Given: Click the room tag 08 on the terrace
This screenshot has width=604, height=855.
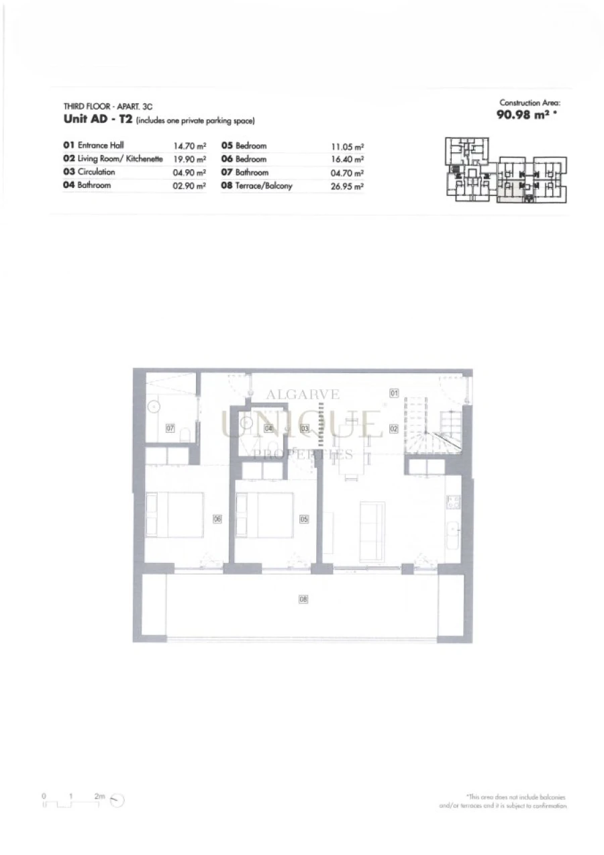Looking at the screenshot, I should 303,599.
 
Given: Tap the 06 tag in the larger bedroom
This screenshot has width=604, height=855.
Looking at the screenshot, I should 217,518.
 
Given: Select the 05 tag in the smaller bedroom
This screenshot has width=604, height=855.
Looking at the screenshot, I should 304,518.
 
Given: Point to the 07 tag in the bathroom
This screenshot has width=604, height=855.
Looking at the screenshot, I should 170,427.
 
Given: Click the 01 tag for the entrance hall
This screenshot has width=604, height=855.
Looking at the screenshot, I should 395,393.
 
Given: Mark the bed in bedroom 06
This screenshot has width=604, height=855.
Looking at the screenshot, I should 175,514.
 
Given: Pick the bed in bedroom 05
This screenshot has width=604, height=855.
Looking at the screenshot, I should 265,514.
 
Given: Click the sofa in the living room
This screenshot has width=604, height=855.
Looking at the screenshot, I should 372,532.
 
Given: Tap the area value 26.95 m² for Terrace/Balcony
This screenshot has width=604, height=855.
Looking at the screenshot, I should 347,187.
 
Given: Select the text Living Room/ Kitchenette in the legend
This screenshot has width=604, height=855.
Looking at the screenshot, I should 120,159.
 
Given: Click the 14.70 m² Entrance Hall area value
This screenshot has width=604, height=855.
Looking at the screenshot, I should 189,146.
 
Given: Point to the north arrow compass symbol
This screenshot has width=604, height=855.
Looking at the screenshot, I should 119,800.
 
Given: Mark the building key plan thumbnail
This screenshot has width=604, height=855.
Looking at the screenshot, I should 506,170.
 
